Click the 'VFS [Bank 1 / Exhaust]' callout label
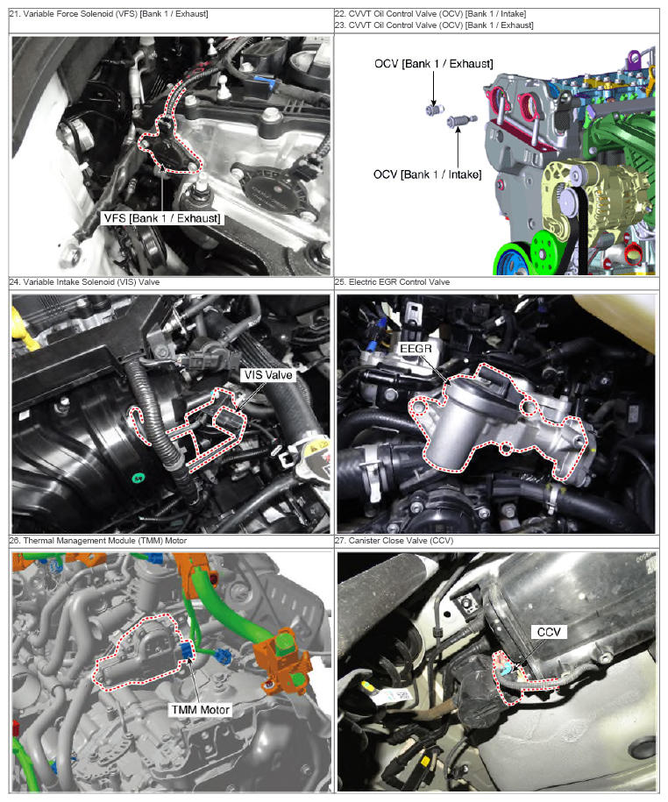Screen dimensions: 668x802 [x=162, y=218]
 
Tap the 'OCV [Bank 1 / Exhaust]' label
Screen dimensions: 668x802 [x=434, y=64]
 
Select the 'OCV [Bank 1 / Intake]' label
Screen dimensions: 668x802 [x=427, y=174]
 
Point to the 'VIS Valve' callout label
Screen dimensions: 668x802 [x=268, y=375]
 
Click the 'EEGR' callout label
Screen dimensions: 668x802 [x=416, y=348]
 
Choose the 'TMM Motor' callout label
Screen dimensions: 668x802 [x=201, y=709]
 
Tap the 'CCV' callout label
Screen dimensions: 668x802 [x=549, y=632]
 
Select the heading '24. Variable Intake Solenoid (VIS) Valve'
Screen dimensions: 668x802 [x=84, y=282]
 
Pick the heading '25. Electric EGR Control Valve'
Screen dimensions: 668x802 [x=393, y=282]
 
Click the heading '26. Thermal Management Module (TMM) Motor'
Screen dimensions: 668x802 [x=98, y=541]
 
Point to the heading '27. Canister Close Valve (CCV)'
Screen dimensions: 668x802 [x=394, y=541]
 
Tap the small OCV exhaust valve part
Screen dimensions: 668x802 [x=435, y=109]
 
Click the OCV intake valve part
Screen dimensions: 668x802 [x=462, y=121]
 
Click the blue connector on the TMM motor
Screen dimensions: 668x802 [x=187, y=650]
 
